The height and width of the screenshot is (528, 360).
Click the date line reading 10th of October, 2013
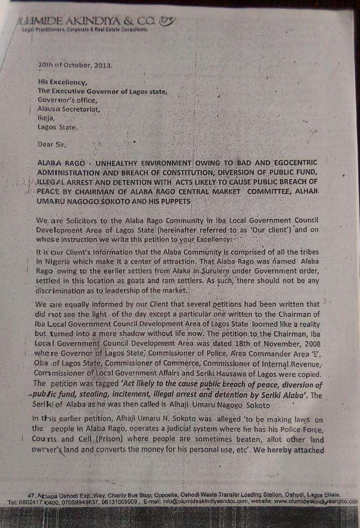coord(75,65)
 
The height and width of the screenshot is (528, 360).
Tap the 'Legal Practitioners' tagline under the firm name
coord(85,29)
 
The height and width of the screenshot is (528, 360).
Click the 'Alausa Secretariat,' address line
coord(68,109)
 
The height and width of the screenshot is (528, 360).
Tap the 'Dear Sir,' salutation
coord(53,144)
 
